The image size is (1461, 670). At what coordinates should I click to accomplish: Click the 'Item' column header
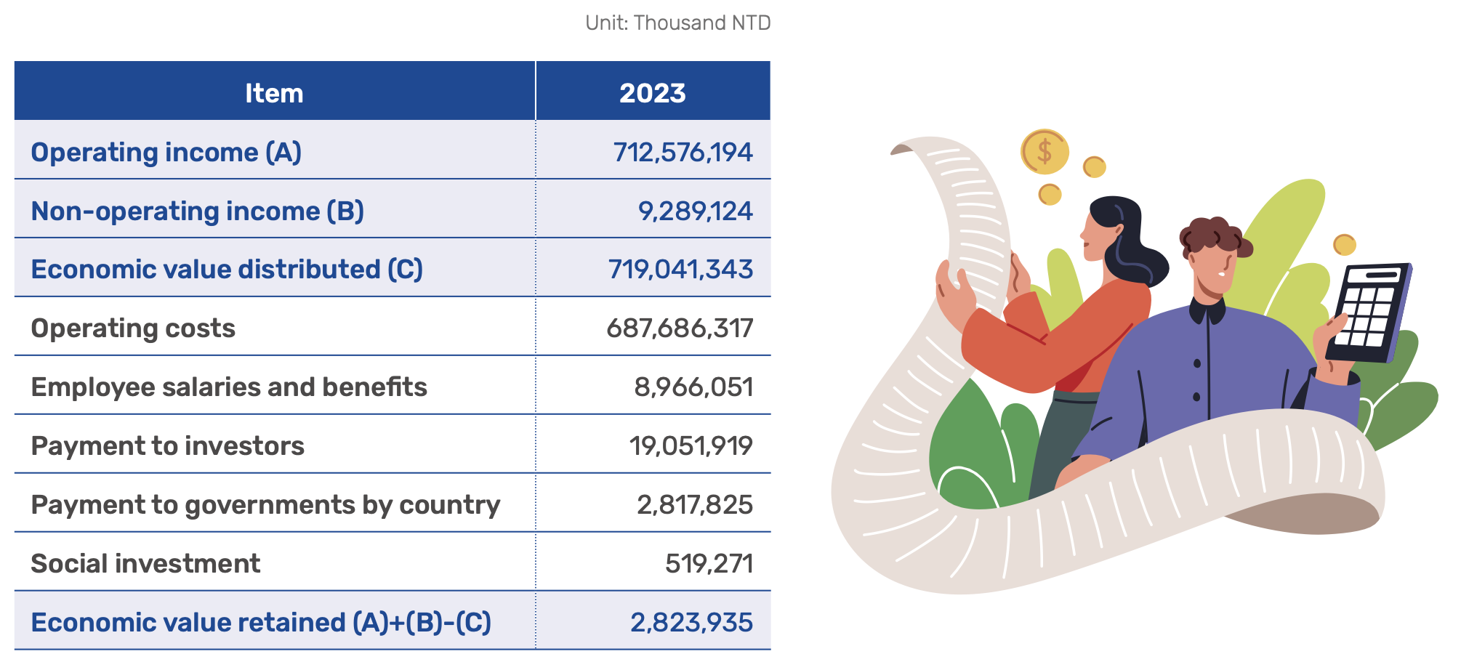(x=274, y=93)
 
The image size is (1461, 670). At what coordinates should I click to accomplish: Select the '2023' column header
(x=652, y=93)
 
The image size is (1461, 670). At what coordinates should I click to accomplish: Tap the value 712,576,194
(x=683, y=152)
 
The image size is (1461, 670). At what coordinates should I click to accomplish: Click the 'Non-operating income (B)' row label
(x=198, y=211)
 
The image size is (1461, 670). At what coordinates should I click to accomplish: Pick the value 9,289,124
(x=695, y=211)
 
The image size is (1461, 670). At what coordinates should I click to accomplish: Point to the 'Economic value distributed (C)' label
(x=227, y=269)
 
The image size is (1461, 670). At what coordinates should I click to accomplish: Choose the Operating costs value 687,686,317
(x=680, y=328)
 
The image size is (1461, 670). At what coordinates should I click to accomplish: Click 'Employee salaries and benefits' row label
(x=229, y=387)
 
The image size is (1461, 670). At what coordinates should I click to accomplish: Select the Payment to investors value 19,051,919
(x=691, y=445)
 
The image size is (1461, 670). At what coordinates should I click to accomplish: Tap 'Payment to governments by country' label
(x=265, y=505)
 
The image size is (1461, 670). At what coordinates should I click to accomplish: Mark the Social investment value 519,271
(x=709, y=563)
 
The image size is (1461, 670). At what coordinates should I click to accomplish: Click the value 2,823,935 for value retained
(x=691, y=623)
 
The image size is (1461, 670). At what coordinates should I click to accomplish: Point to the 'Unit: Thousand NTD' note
(x=678, y=23)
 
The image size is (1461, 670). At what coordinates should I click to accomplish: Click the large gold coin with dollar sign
(x=1045, y=151)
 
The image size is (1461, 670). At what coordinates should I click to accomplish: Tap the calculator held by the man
(x=1369, y=313)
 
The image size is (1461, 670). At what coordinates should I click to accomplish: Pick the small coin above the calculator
(x=1344, y=244)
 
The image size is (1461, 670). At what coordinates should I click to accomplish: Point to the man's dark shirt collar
(x=1207, y=311)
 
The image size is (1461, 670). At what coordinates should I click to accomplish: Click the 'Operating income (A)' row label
(x=166, y=152)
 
